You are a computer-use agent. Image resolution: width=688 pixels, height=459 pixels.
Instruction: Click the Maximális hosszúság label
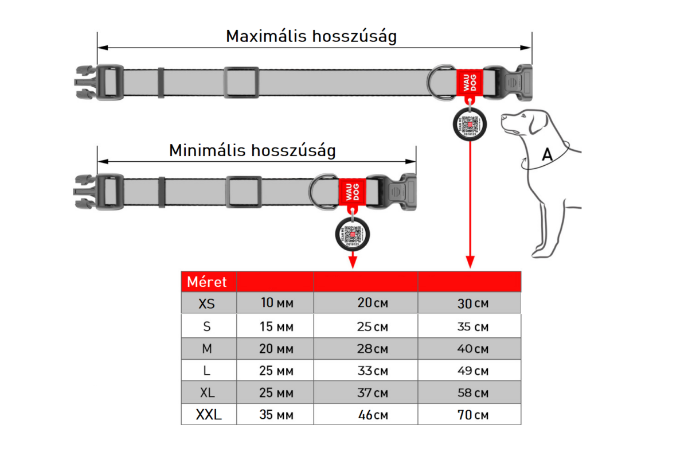(311, 36)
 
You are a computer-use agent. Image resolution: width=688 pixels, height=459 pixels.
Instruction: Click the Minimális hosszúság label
(252, 150)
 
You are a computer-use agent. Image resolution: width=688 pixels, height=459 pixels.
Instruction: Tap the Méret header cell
(207, 282)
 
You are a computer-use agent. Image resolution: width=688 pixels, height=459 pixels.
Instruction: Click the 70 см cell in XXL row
(472, 415)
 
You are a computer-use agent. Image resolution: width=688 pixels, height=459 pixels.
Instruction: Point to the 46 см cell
(372, 415)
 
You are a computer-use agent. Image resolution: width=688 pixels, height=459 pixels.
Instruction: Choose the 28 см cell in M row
(372, 349)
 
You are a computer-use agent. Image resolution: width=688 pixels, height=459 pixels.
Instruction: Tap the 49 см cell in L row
(472, 371)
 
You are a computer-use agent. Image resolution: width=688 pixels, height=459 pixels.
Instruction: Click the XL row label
(207, 393)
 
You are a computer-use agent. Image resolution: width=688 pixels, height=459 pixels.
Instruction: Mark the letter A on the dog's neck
(548, 154)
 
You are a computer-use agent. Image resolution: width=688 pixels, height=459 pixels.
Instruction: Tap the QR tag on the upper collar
(470, 124)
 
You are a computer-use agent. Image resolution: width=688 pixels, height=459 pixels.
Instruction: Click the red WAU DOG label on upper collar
(469, 83)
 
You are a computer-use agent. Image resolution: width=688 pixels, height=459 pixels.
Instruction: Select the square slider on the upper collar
(240, 83)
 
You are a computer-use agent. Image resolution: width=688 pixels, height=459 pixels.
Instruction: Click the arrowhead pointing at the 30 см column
(470, 263)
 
